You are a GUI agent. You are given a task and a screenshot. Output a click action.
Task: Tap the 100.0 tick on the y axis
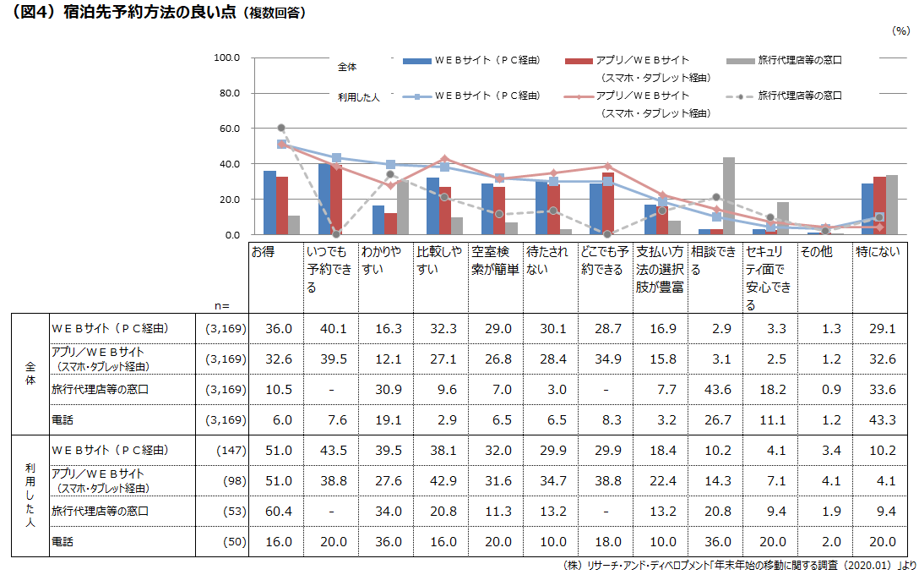point(229,57)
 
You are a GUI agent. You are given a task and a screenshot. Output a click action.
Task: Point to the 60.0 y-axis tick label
point(229,129)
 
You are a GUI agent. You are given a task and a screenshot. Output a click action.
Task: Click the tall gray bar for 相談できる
point(728,195)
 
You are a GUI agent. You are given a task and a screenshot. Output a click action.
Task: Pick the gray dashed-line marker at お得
point(281,128)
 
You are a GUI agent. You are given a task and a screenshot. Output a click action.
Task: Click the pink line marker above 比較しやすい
point(445,158)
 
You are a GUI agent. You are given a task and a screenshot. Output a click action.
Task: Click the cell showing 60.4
point(278,511)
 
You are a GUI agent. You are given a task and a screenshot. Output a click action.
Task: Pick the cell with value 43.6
point(716,389)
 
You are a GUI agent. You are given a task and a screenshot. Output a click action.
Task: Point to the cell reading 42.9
point(442,480)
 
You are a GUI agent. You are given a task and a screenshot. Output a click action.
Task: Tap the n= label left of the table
point(222,305)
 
